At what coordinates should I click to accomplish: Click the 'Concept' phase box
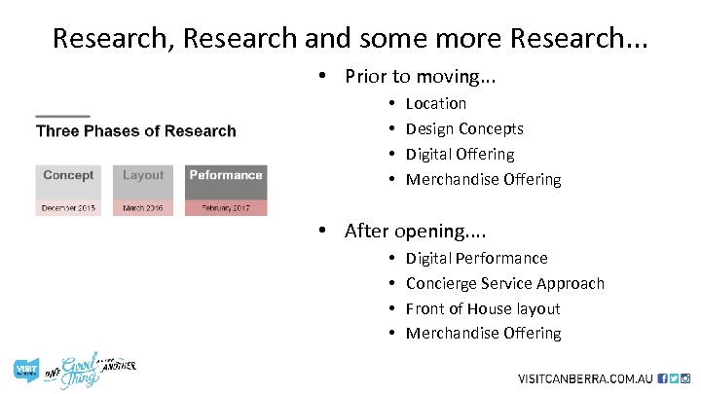(68, 182)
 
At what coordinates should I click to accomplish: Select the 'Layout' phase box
(143, 182)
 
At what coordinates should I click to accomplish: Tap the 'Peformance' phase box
(226, 182)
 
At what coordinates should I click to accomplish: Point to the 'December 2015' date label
(68, 208)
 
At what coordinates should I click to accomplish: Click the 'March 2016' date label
(143, 208)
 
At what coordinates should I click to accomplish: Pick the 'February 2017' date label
(226, 208)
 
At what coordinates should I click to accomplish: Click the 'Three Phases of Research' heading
(136, 131)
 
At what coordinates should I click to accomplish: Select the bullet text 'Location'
(435, 103)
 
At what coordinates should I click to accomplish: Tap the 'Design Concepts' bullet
(464, 128)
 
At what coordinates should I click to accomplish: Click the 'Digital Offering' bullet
(460, 154)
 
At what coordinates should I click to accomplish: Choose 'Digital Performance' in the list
(476, 258)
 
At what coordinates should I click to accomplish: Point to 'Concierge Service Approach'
(504, 283)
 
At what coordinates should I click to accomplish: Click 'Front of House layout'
(483, 308)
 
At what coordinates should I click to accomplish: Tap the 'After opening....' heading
(416, 231)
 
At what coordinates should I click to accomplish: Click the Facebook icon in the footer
(663, 377)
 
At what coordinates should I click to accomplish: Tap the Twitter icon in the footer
(674, 377)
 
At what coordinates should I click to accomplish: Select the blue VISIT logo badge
(24, 369)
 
